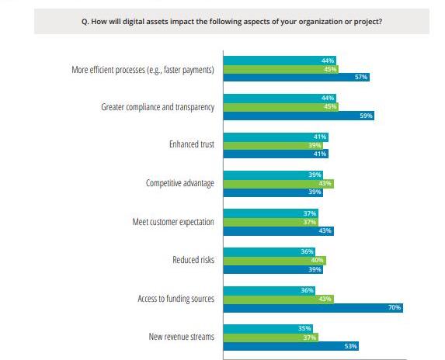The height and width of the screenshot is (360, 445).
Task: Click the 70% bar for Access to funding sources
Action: [313, 308]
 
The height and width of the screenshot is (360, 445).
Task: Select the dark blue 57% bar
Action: [297, 77]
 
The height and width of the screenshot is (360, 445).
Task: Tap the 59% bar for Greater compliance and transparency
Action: [298, 116]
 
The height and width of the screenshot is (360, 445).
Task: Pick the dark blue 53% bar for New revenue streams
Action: [291, 346]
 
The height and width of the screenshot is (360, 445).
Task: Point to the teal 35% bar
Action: [268, 328]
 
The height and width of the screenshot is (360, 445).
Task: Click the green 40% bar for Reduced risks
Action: [274, 261]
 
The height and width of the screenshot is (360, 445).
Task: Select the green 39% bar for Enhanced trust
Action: [273, 145]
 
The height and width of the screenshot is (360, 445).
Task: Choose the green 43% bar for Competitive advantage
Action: [278, 184]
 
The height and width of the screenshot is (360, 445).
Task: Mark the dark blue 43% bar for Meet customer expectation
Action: [278, 231]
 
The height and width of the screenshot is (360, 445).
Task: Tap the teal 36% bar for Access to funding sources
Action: [269, 291]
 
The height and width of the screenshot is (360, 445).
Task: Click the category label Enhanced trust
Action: [192, 144]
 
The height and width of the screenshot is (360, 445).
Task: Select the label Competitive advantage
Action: [180, 183]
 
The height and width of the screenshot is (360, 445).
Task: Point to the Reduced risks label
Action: [193, 260]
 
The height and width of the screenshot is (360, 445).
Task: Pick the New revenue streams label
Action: [182, 337]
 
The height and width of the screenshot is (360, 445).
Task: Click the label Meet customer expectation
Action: [173, 222]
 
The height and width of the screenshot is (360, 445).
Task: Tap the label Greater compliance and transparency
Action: [158, 107]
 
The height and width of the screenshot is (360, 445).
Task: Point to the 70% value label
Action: [395, 307]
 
